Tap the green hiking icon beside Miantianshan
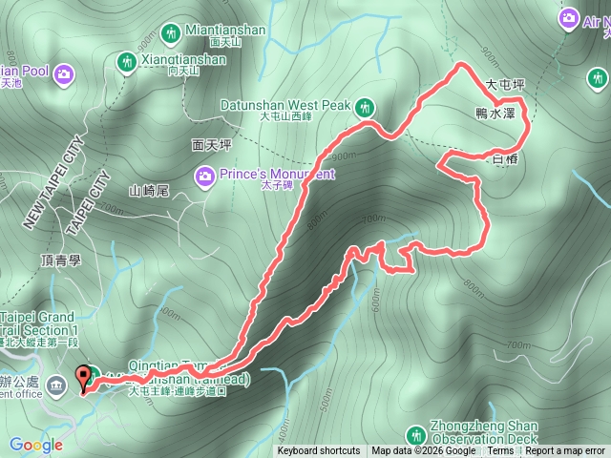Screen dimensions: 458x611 [x=172, y=34]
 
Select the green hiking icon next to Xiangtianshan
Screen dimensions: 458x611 [x=125, y=62]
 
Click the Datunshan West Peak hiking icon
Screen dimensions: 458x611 [x=363, y=108]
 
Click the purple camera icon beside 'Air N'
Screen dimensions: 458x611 [x=569, y=17]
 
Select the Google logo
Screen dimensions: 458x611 [x=36, y=445]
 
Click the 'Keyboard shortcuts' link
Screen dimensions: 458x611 [x=319, y=451]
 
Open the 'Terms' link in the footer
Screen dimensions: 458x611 [x=500, y=451]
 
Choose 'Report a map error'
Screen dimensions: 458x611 [x=564, y=451]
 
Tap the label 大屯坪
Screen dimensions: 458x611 [x=506, y=85]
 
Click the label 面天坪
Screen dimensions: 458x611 [x=211, y=144]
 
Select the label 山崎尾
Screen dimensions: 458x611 [x=148, y=191]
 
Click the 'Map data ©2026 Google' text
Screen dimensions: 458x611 [x=424, y=451]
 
